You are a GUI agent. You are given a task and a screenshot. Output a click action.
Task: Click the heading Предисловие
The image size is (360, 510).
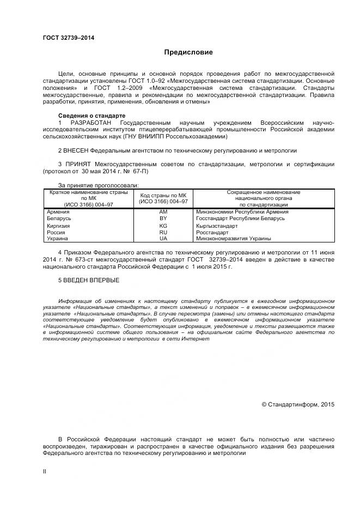pyautogui.click(x=188, y=52)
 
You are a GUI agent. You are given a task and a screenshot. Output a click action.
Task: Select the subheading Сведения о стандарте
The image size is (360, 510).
pyautogui.click(x=91, y=116)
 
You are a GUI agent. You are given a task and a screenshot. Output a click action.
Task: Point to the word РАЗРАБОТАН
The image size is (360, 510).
pyautogui.click(x=89, y=123)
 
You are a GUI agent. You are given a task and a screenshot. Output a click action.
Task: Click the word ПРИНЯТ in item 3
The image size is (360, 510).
pyautogui.click(x=78, y=164)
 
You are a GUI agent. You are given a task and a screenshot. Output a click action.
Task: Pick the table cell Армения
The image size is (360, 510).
pyautogui.click(x=58, y=211)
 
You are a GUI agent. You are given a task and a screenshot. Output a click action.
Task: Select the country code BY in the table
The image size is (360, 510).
pyautogui.click(x=163, y=218)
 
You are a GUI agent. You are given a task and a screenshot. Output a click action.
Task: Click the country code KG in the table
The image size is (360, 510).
pyautogui.click(x=163, y=225)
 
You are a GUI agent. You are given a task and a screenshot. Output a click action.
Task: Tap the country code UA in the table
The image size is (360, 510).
pyautogui.click(x=163, y=239)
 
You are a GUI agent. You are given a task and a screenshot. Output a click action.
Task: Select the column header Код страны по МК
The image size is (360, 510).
pyautogui.click(x=163, y=195)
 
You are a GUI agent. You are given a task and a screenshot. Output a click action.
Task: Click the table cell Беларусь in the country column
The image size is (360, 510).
pyautogui.click(x=59, y=218)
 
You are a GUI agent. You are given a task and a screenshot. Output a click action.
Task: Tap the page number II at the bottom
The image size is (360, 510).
pyautogui.click(x=45, y=471)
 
